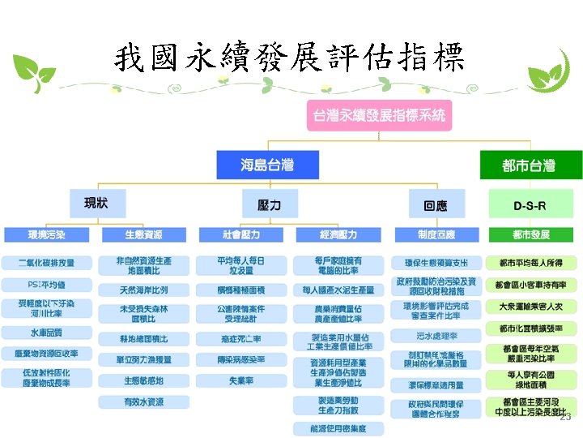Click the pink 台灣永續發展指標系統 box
coord(379,115)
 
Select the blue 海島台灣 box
coord(267,165)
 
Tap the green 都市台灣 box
coord(528,165)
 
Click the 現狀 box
coord(96,203)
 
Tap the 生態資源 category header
coord(143,234)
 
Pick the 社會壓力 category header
coord(240,234)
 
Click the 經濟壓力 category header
coord(337,234)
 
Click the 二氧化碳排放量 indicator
coord(46,263)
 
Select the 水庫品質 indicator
coord(46,332)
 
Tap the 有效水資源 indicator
coord(143,401)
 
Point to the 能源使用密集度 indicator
coord(338,427)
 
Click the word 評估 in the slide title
coord(357,57)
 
